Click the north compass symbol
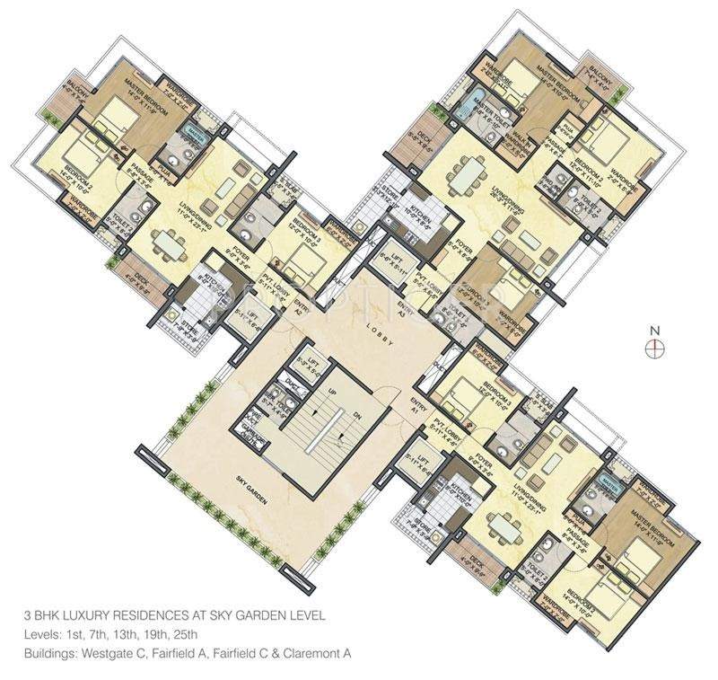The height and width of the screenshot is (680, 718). pos(657,343)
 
